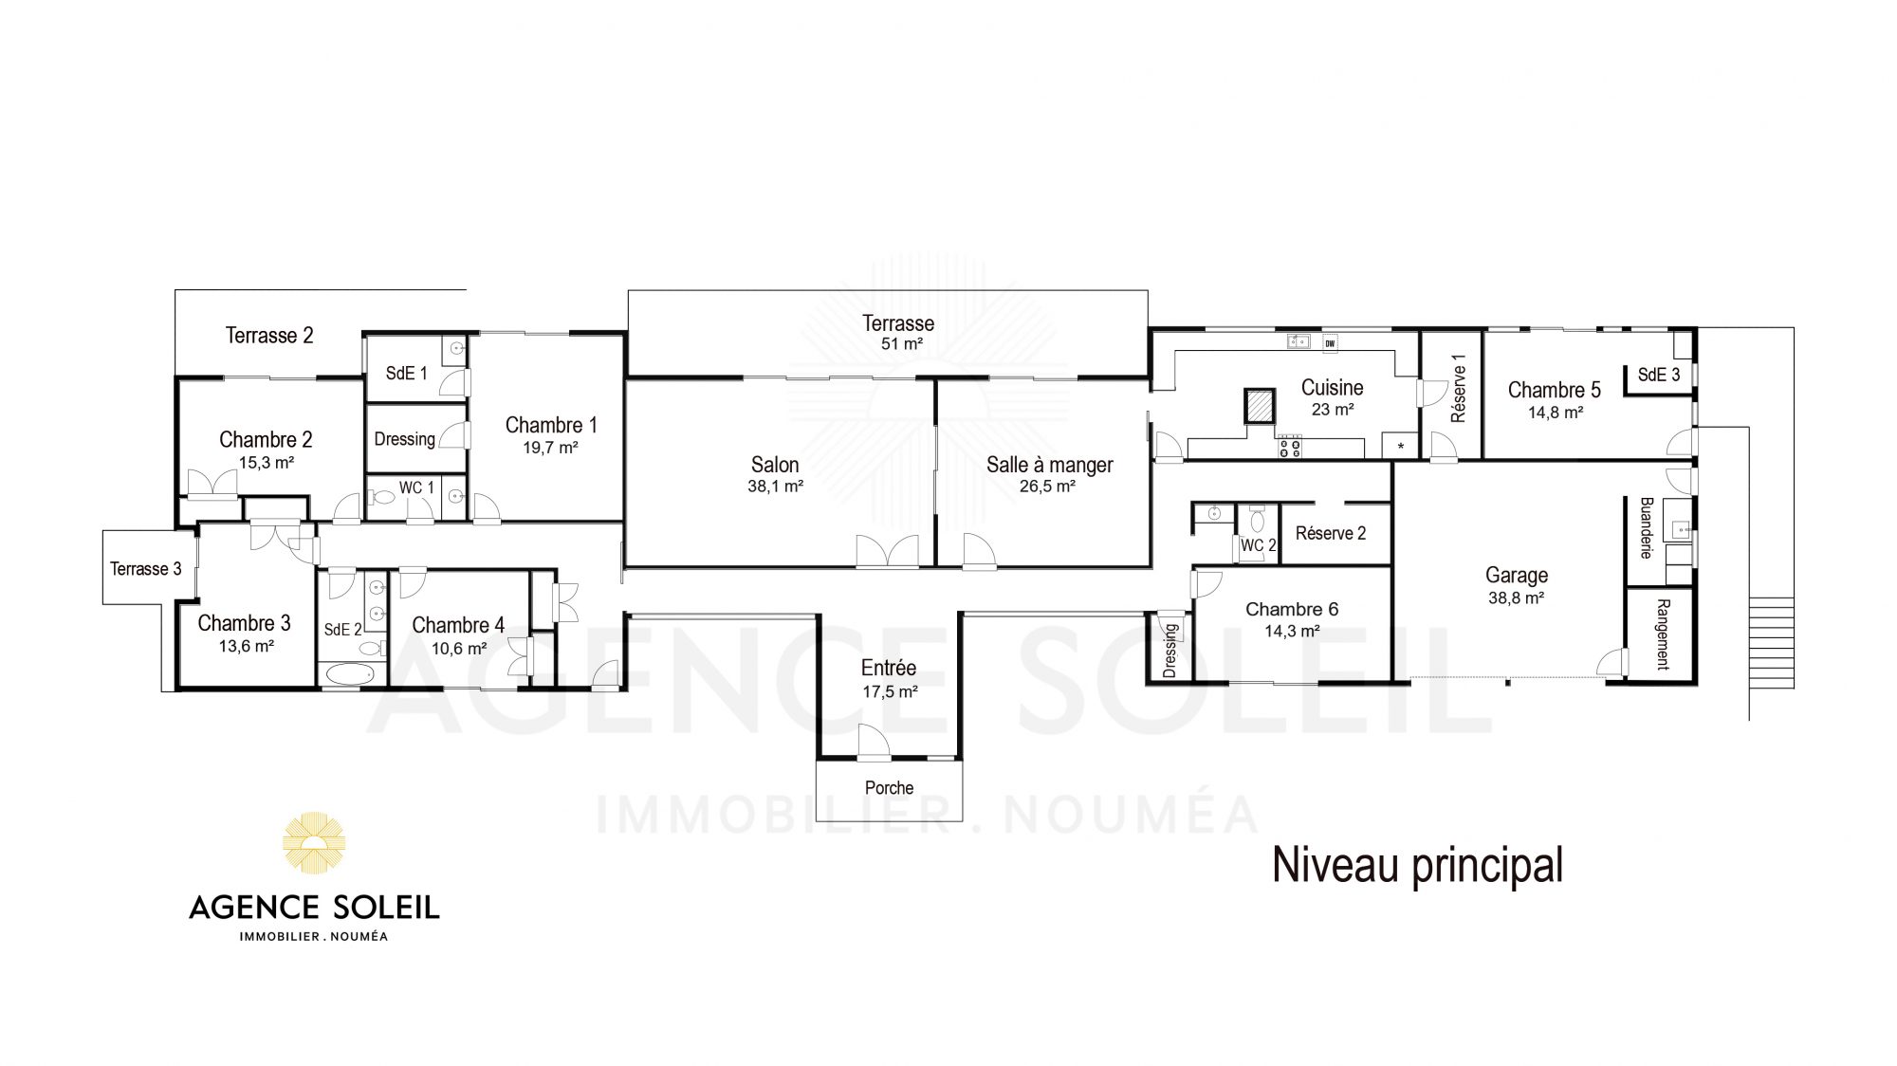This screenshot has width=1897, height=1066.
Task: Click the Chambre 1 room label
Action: click(x=551, y=425)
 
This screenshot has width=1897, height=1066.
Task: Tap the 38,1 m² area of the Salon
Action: click(x=776, y=487)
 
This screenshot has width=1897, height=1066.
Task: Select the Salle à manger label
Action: click(x=1049, y=465)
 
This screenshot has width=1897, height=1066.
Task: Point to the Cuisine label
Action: click(x=1333, y=387)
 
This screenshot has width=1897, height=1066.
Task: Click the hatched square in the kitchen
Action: click(x=1261, y=406)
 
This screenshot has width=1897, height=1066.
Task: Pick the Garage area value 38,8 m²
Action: click(x=1516, y=598)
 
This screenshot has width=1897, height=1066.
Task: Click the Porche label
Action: click(x=889, y=788)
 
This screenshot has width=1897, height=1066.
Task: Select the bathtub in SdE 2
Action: click(x=351, y=674)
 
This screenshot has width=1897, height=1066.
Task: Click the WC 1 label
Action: click(x=416, y=487)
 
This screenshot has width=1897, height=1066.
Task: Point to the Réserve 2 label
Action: click(x=1331, y=533)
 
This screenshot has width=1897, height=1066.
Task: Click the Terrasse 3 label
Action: click(x=145, y=569)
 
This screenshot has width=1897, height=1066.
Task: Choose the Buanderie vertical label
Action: click(x=1647, y=528)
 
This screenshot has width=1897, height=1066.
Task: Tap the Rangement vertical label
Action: click(x=1663, y=634)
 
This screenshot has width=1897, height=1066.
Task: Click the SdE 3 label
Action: click(x=1659, y=375)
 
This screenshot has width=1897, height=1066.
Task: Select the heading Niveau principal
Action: click(x=1417, y=865)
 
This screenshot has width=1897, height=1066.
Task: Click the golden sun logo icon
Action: click(x=314, y=842)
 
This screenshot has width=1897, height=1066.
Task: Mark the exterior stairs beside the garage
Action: click(x=1772, y=643)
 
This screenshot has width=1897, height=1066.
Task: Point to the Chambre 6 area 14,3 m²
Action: click(x=1292, y=632)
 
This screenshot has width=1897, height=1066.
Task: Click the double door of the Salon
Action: click(x=887, y=551)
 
